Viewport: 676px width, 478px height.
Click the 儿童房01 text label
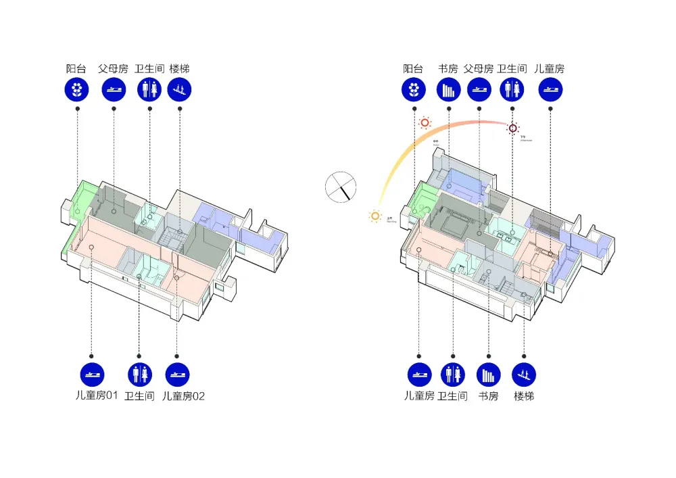(97, 396)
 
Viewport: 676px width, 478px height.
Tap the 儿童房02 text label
(183, 396)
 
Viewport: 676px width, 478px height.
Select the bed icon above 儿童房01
(92, 375)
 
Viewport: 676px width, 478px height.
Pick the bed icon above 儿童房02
(177, 375)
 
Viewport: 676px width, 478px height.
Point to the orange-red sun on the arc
(425, 123)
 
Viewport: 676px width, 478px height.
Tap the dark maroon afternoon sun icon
(513, 128)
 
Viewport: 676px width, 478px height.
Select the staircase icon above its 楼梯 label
(180, 89)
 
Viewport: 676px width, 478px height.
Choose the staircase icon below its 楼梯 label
(524, 375)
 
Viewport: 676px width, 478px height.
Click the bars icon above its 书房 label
(448, 89)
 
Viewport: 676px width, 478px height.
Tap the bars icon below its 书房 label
(488, 375)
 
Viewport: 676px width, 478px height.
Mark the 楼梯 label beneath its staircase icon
(524, 396)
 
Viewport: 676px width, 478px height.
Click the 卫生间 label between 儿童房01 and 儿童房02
(139, 396)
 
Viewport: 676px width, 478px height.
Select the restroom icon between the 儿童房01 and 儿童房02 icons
(139, 375)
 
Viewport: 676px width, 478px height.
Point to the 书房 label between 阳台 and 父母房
(448, 68)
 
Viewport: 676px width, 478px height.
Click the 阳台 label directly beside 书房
(413, 68)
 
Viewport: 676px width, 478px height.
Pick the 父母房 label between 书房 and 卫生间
(479, 68)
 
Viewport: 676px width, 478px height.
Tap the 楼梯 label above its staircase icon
(180, 68)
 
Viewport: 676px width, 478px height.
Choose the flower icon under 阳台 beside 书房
(413, 89)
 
